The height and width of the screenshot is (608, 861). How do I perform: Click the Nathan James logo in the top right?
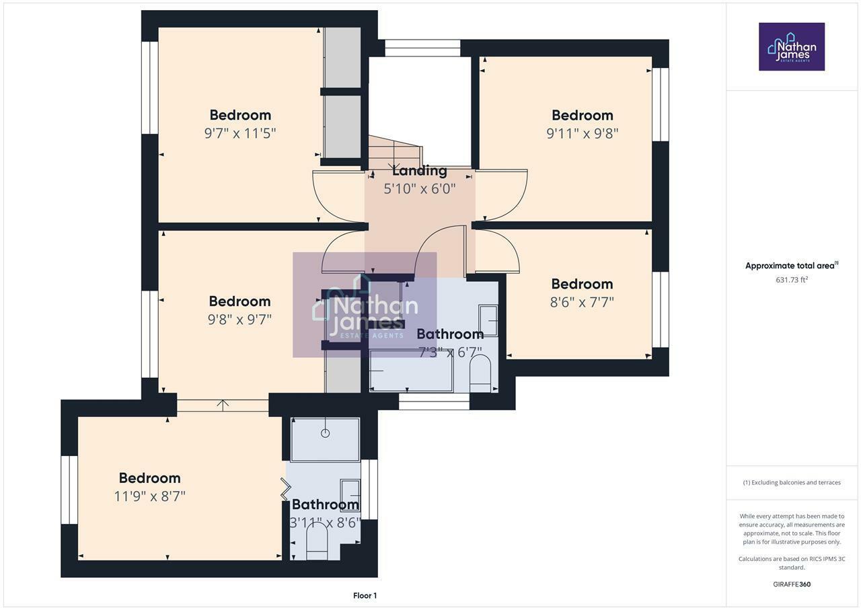pyautogui.click(x=792, y=47)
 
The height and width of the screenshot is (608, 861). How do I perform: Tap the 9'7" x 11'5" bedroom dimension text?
pyautogui.click(x=240, y=133)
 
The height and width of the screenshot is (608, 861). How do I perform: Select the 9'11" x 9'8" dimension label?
pyautogui.click(x=582, y=133)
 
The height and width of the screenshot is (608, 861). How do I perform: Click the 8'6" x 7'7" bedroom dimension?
pyautogui.click(x=582, y=302)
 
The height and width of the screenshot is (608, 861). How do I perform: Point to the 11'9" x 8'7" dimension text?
pyautogui.click(x=150, y=496)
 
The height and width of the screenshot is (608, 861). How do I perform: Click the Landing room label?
pyautogui.click(x=419, y=171)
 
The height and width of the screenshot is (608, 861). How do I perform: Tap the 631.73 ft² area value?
pyautogui.click(x=792, y=280)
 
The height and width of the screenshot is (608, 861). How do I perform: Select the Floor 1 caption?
pyautogui.click(x=365, y=595)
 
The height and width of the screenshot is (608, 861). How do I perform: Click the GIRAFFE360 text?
pyautogui.click(x=792, y=584)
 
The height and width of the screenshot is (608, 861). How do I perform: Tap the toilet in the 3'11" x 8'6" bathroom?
pyautogui.click(x=316, y=541)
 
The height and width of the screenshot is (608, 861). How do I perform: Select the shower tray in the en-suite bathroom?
pyautogui.click(x=325, y=439)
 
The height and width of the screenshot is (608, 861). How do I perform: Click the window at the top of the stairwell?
pyautogui.click(x=422, y=48)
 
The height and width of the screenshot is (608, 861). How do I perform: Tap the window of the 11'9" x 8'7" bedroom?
pyautogui.click(x=69, y=489)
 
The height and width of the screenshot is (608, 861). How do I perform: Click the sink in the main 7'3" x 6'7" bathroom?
pyautogui.click(x=488, y=321)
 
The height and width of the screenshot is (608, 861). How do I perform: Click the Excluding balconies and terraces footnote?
pyautogui.click(x=792, y=482)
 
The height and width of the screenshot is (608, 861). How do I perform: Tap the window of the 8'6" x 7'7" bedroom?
pyautogui.click(x=661, y=309)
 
